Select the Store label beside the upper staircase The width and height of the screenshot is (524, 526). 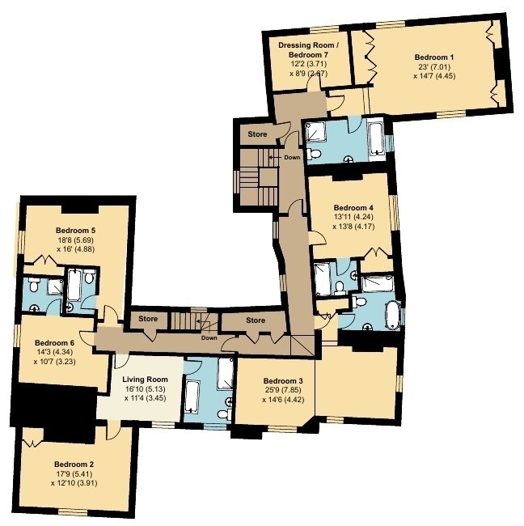click(257, 134)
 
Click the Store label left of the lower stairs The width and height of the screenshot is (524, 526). click(148, 319)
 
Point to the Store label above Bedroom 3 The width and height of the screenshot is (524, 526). click(256, 320)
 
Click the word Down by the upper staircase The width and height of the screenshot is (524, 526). click(292, 157)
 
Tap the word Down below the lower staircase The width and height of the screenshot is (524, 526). click(209, 337)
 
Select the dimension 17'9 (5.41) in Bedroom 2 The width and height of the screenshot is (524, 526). click(74, 474)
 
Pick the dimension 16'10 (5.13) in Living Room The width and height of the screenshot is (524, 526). click(145, 389)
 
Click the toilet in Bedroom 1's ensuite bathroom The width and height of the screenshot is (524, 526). click(314, 154)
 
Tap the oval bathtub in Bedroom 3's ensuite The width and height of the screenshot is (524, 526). click(392, 314)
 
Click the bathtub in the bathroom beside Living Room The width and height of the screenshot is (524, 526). click(192, 397)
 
